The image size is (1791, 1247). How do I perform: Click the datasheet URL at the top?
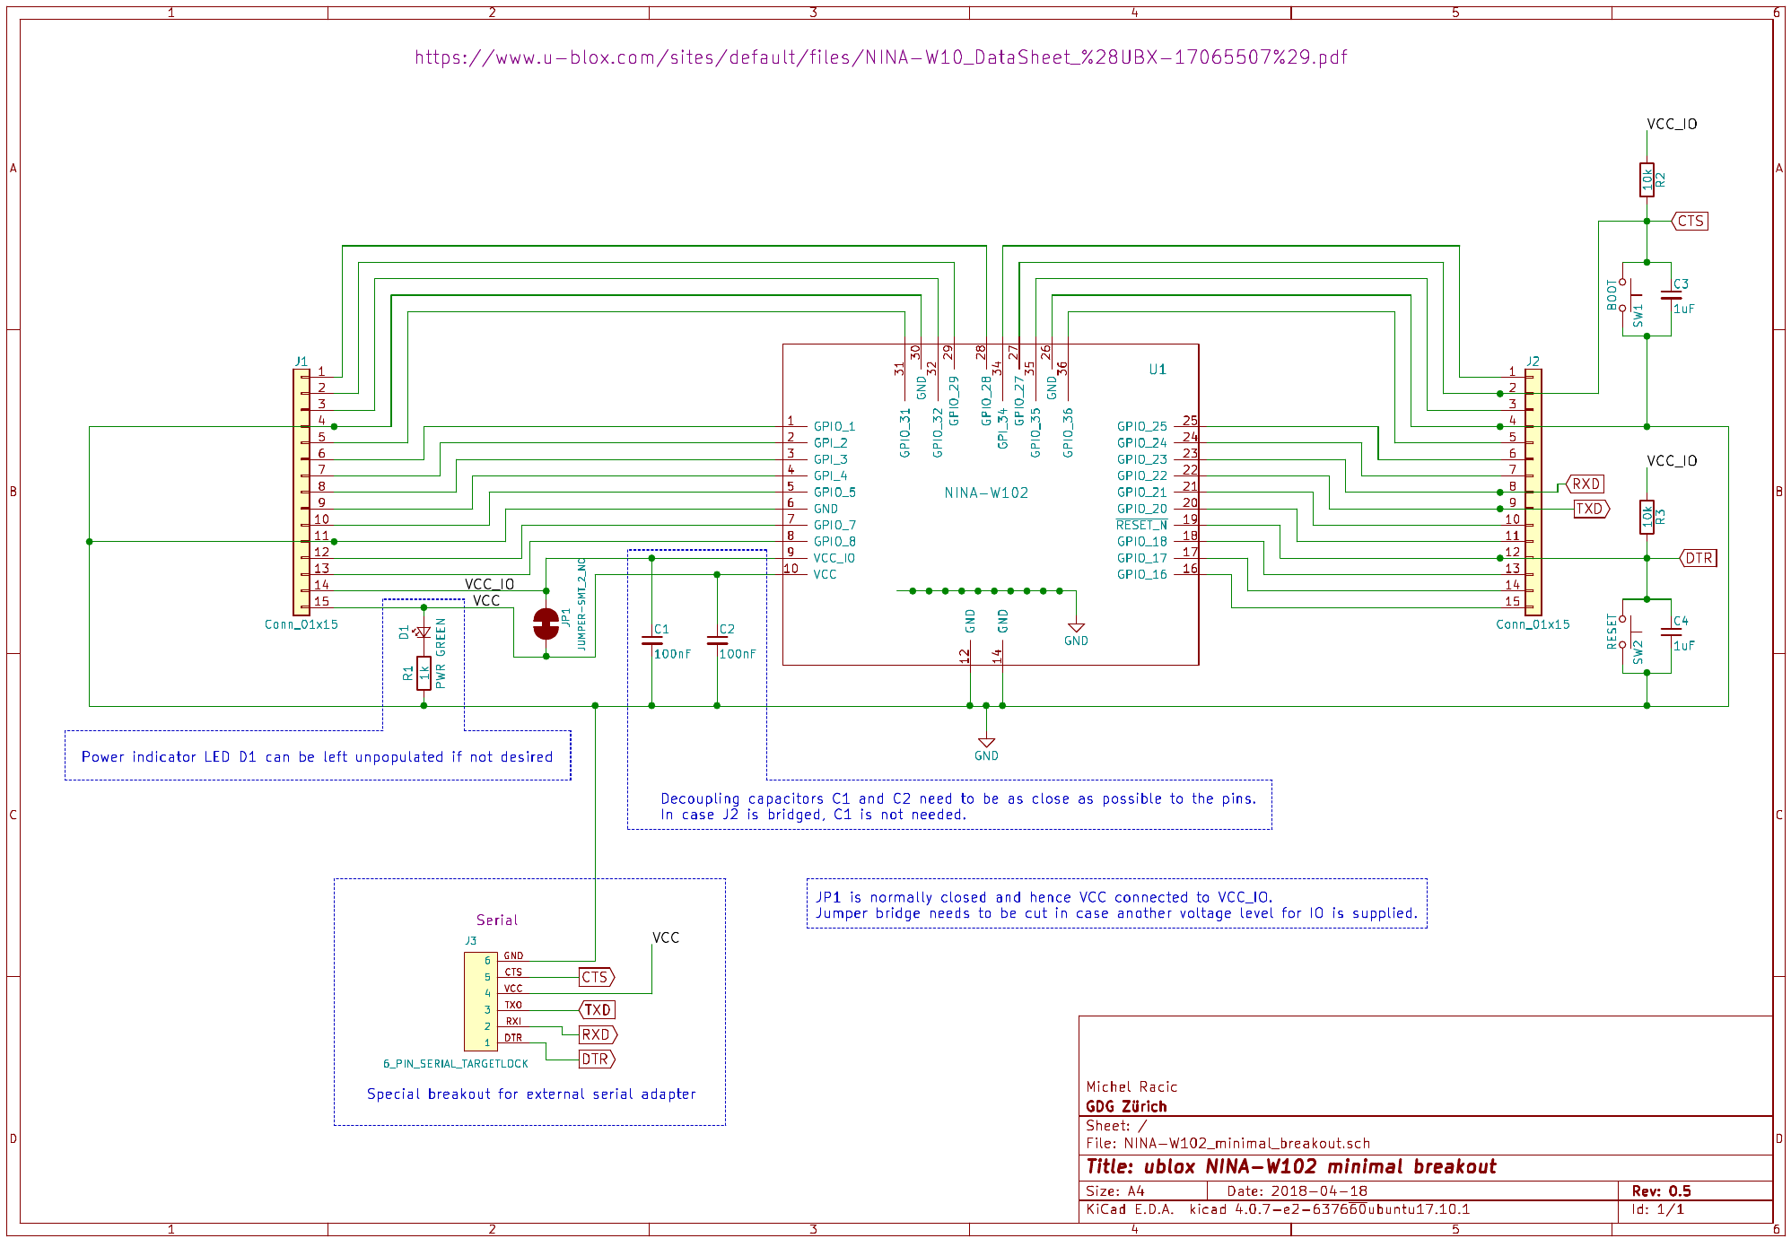click(x=880, y=57)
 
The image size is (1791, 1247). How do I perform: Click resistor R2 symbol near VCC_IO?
click(x=1647, y=179)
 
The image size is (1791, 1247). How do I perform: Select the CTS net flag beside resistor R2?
click(x=1690, y=221)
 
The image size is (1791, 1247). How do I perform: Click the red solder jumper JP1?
click(x=546, y=623)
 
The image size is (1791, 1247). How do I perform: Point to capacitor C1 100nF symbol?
click(x=651, y=641)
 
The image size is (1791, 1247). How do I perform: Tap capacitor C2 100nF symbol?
click(x=717, y=641)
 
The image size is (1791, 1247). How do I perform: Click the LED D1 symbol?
click(x=424, y=632)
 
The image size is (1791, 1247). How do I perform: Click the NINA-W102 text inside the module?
click(x=986, y=493)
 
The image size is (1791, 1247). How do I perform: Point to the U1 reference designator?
click(x=1158, y=370)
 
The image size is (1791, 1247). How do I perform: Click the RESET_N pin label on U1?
click(x=1141, y=525)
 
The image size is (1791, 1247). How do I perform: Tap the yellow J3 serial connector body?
click(x=480, y=1001)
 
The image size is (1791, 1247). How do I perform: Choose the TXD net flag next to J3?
click(x=597, y=1010)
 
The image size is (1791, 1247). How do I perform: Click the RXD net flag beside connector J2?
click(x=1585, y=484)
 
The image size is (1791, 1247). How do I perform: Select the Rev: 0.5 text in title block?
click(x=1661, y=1191)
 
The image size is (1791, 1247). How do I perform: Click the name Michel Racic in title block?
click(x=1131, y=1087)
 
